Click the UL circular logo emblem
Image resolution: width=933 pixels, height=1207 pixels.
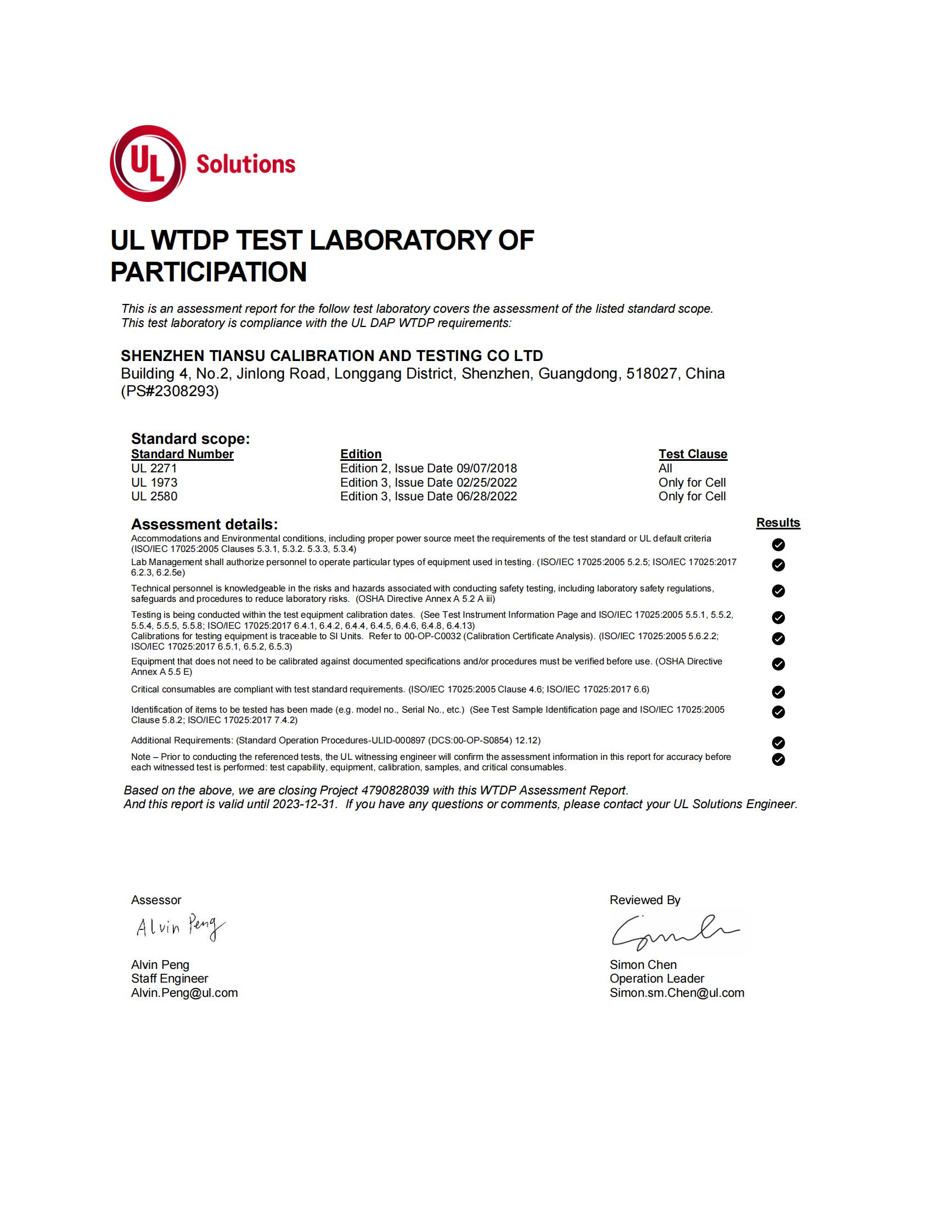pyautogui.click(x=148, y=163)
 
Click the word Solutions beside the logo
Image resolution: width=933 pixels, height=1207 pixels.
pyautogui.click(x=246, y=164)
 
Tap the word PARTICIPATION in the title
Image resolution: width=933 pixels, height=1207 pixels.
pyautogui.click(x=209, y=272)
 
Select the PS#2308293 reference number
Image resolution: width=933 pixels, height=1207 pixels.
pyautogui.click(x=170, y=391)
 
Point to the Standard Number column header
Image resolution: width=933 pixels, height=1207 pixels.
pyautogui.click(x=182, y=454)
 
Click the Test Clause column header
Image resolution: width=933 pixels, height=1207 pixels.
pyautogui.click(x=693, y=454)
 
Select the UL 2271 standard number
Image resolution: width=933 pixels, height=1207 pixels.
pyautogui.click(x=154, y=468)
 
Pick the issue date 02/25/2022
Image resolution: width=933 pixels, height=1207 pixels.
pyautogui.click(x=486, y=482)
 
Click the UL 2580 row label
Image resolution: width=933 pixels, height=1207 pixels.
pyautogui.click(x=154, y=497)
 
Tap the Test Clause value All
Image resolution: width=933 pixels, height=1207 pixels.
pyautogui.click(x=665, y=468)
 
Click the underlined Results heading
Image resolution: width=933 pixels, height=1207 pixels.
pyautogui.click(x=778, y=523)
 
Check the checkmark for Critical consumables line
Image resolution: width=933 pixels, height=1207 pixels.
pyautogui.click(x=778, y=692)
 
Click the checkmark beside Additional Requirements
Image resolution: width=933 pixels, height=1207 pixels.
pyautogui.click(x=778, y=742)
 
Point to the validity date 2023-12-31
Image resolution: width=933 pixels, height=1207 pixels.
pyautogui.click(x=304, y=804)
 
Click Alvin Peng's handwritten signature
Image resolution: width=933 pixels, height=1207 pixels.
pyautogui.click(x=180, y=927)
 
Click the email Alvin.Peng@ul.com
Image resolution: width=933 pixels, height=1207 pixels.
pyautogui.click(x=184, y=992)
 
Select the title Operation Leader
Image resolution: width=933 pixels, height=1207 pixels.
pyautogui.click(x=656, y=978)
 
